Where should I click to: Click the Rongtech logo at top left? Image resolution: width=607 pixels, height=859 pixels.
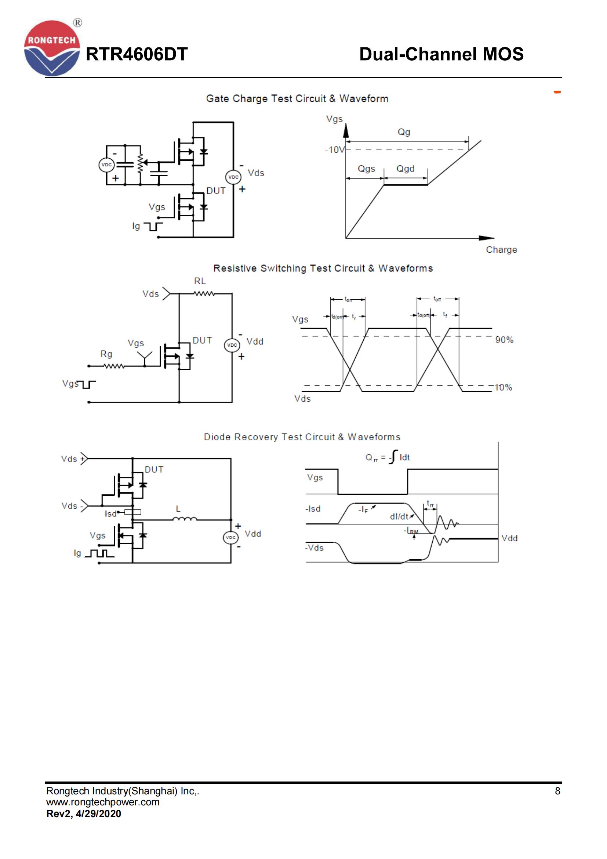pyautogui.click(x=52, y=48)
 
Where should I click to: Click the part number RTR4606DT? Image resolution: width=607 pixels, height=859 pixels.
pyautogui.click(x=137, y=54)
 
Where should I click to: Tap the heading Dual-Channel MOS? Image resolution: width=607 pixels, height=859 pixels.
pyautogui.click(x=441, y=54)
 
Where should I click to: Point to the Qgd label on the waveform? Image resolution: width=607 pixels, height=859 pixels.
pyautogui.click(x=405, y=169)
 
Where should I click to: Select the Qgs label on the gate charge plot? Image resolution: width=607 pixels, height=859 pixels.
pyautogui.click(x=366, y=169)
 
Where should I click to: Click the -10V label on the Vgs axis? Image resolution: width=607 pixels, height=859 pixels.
pyautogui.click(x=335, y=150)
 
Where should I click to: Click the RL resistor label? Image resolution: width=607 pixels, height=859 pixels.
pyautogui.click(x=200, y=281)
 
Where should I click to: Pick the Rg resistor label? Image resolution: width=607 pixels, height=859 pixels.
pyautogui.click(x=106, y=354)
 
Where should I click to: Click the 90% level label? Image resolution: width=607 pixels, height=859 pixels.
pyautogui.click(x=504, y=340)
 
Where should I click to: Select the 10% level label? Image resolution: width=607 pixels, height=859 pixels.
pyautogui.click(x=503, y=387)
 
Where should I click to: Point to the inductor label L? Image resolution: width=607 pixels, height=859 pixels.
pyautogui.click(x=178, y=509)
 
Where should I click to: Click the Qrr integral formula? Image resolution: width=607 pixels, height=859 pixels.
pyautogui.click(x=388, y=457)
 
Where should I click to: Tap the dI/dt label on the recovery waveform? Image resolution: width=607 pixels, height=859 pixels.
pyautogui.click(x=399, y=517)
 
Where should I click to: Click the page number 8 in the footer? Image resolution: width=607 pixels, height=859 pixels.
pyautogui.click(x=557, y=791)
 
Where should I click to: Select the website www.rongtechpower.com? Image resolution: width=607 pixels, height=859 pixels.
pyautogui.click(x=103, y=802)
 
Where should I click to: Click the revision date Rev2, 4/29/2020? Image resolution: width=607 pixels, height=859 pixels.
pyautogui.click(x=84, y=813)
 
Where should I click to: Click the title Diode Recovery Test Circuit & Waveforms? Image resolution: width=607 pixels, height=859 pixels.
pyautogui.click(x=302, y=437)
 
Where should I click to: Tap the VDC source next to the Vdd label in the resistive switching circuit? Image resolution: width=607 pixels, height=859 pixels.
pyautogui.click(x=232, y=345)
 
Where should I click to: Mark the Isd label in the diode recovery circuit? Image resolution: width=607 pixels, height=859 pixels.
pyautogui.click(x=110, y=514)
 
